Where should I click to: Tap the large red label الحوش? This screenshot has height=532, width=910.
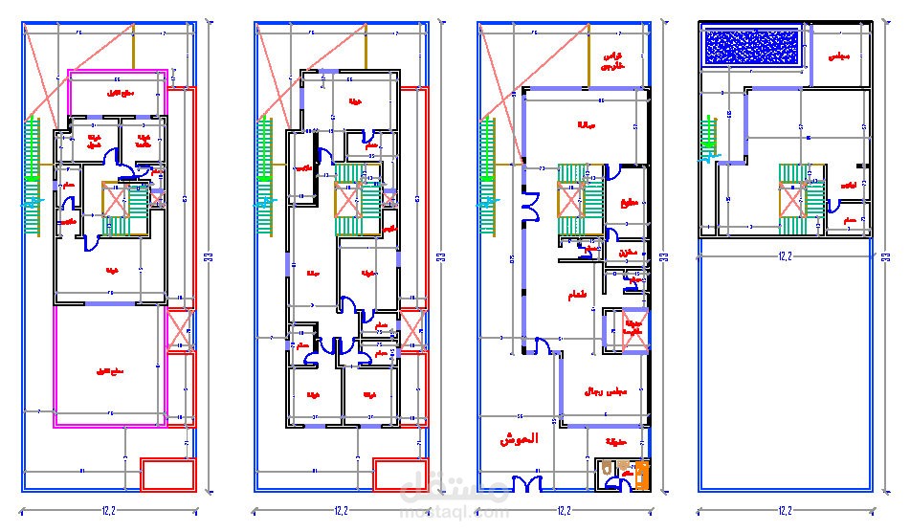pyautogui.click(x=518, y=439)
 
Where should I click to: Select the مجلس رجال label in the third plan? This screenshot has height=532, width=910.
pyautogui.click(x=605, y=390)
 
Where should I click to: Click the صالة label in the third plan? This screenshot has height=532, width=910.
pyautogui.click(x=586, y=125)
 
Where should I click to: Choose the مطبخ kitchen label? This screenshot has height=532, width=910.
pyautogui.click(x=629, y=203)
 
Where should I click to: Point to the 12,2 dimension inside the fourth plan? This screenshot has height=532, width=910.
pyautogui.click(x=786, y=256)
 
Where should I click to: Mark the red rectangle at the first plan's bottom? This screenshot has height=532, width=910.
pyautogui.click(x=168, y=475)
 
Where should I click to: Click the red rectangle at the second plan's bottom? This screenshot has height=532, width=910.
pyautogui.click(x=400, y=475)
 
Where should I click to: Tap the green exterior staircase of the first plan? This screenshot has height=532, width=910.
pyautogui.click(x=34, y=177)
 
